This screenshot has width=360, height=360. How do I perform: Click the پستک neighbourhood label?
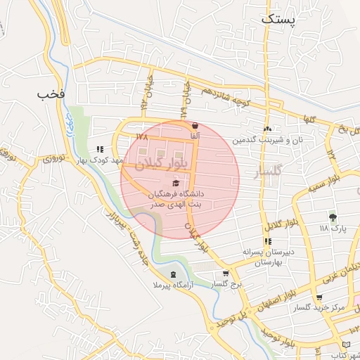(279, 20)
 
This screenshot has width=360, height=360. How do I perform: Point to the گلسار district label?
(266, 171)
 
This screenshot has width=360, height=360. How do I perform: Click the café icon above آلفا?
(194, 126)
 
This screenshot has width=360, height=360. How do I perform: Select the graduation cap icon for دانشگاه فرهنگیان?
(175, 183)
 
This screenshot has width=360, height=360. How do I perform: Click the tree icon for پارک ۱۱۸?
(333, 217)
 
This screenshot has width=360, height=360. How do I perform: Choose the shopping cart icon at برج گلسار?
(225, 274)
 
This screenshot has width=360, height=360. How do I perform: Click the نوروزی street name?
(54, 157)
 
